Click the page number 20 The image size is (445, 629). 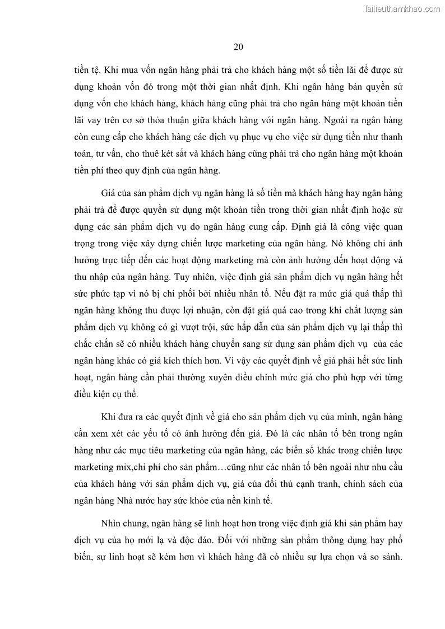[238, 47]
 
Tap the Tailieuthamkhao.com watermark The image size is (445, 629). [402, 8]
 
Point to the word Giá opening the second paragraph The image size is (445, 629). [108, 193]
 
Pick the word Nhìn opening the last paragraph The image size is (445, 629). [113, 524]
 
